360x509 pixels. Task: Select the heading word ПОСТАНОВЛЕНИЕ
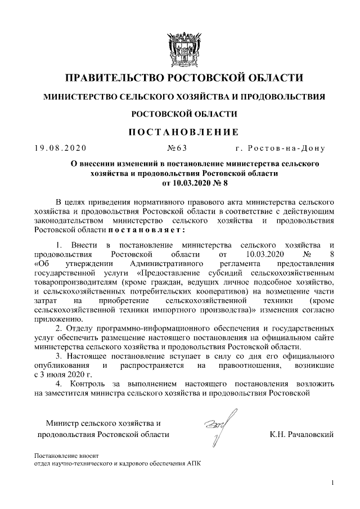pyautogui.click(x=180, y=132)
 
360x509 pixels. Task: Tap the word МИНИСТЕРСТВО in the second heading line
pyautogui.click(x=80, y=97)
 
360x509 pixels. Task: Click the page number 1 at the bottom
pyautogui.click(x=333, y=483)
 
